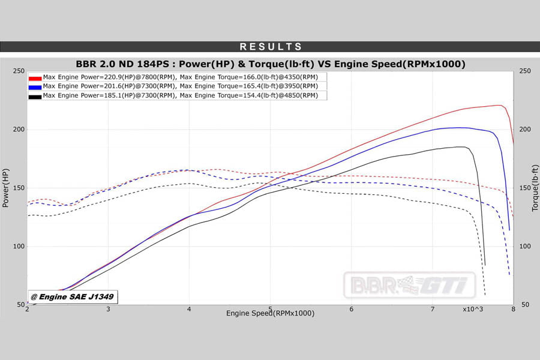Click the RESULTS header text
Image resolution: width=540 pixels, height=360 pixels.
pyautogui.click(x=271, y=47)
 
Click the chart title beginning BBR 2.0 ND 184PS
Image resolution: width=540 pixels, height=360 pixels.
pyautogui.click(x=271, y=64)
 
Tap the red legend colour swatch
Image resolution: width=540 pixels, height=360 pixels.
pyautogui.click(x=35, y=77)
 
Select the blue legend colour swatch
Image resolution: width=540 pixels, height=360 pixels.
pyautogui.click(x=35, y=86)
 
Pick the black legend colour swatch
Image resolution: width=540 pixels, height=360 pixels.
pyautogui.click(x=35, y=96)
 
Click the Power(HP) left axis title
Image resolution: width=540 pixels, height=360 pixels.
pyautogui.click(x=6, y=188)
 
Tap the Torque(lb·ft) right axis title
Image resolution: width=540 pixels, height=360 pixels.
pyautogui.click(x=535, y=188)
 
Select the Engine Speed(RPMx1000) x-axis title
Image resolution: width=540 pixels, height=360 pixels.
pyautogui.click(x=270, y=313)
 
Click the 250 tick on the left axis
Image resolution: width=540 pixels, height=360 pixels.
pyautogui.click(x=19, y=71)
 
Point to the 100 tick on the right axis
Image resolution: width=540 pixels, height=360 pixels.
pyautogui.click(x=525, y=247)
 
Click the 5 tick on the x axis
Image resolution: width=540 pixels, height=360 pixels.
pyautogui.click(x=271, y=309)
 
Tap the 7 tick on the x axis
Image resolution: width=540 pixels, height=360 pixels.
pyautogui.click(x=433, y=309)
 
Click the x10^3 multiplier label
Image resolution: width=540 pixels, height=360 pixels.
pyautogui.click(x=473, y=309)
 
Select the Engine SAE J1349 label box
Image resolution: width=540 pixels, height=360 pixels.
pyautogui.click(x=73, y=296)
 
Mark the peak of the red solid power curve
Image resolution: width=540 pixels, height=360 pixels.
pyautogui.click(x=500, y=106)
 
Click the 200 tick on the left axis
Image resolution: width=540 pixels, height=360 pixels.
pyautogui.click(x=19, y=130)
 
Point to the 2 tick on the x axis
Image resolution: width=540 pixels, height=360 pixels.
pyautogui.click(x=28, y=309)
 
